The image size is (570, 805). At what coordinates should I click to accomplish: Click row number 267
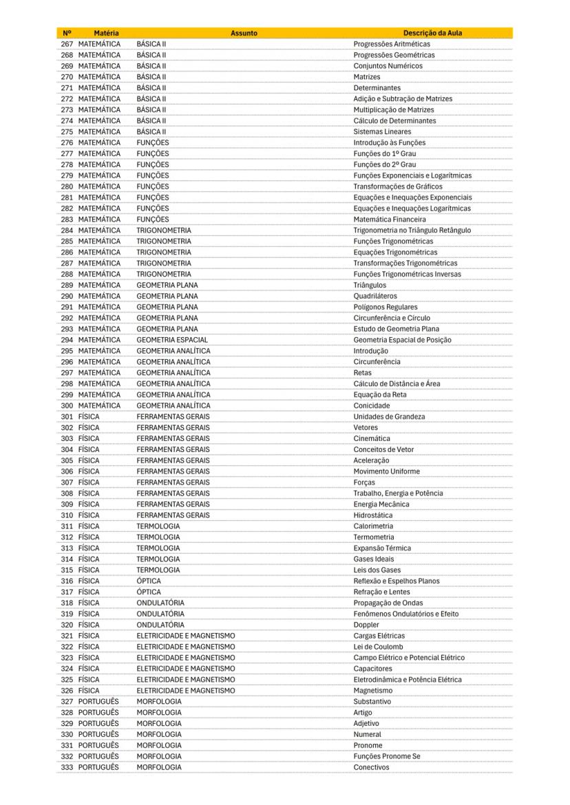[x=67, y=44]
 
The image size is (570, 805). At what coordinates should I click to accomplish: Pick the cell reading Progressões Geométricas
[x=394, y=55]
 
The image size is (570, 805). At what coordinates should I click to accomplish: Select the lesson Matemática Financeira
[x=390, y=219]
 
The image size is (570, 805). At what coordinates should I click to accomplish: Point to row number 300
[x=67, y=405]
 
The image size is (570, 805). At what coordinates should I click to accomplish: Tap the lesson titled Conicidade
[x=371, y=405]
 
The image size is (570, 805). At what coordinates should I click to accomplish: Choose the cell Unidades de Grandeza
[x=389, y=416]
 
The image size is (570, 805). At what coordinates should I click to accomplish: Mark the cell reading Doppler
[x=366, y=624]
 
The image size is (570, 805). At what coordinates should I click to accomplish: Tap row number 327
[x=67, y=701]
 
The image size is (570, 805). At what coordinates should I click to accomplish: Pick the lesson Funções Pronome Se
[x=387, y=755]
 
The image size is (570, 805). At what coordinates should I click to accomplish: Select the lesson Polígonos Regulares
[x=386, y=307]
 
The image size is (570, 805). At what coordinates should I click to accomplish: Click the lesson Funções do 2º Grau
[x=385, y=164]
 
